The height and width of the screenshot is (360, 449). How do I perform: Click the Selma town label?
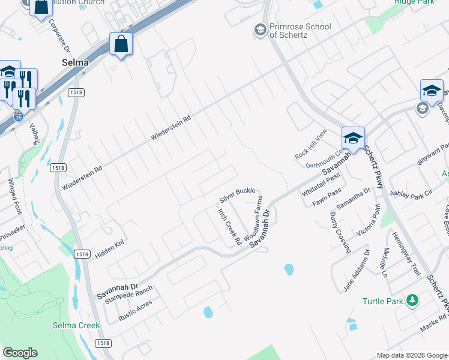click(x=75, y=62)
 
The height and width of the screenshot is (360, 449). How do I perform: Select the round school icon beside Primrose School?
click(x=260, y=30)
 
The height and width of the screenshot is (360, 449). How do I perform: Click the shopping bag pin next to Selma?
click(x=121, y=44)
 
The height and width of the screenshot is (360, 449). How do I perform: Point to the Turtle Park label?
click(x=382, y=301)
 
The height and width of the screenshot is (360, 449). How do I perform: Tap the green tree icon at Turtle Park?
click(x=412, y=300)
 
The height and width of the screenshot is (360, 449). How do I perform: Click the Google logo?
click(x=20, y=353)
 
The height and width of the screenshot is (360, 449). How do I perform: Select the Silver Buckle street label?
click(x=237, y=194)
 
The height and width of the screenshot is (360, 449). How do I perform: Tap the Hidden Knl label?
click(x=109, y=251)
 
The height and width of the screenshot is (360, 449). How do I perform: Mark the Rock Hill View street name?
click(x=310, y=144)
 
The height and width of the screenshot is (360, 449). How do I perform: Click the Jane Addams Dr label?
click(x=355, y=272)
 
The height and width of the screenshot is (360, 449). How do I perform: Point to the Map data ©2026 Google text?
click(x=411, y=355)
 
